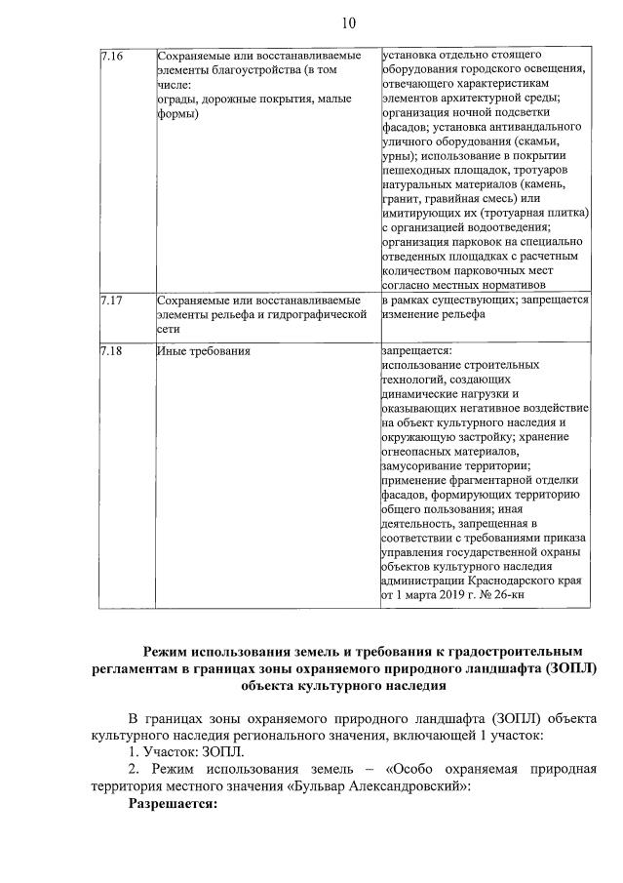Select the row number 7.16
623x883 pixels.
pos(111,56)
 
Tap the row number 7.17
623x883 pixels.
pos(111,301)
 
